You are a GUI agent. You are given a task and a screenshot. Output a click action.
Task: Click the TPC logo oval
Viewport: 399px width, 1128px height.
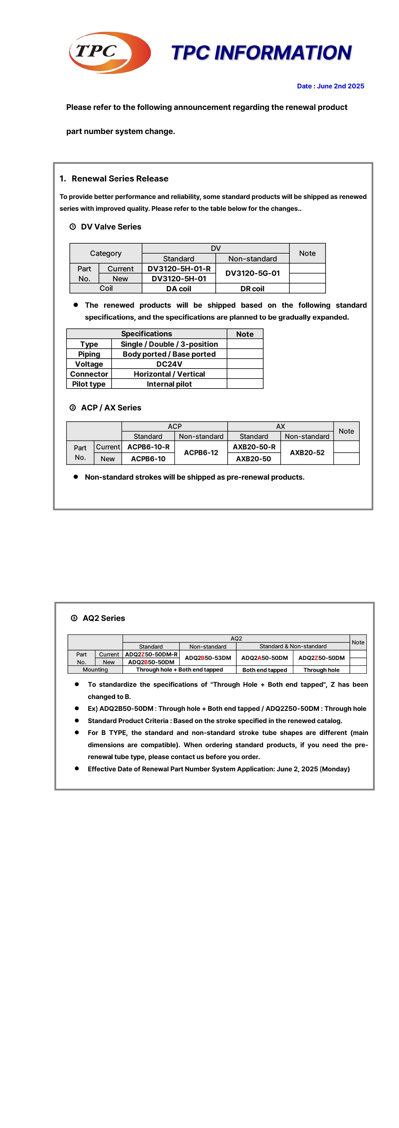[x=110, y=53]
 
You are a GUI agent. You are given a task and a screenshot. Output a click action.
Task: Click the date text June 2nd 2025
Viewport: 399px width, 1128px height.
[x=330, y=86]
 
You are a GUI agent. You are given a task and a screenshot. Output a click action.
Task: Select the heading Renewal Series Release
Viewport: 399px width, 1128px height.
[x=120, y=179]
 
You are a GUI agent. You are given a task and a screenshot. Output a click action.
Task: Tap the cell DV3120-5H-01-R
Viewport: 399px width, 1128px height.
[x=179, y=268]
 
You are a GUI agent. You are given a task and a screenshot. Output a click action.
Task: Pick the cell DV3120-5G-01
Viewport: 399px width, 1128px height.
[x=252, y=273]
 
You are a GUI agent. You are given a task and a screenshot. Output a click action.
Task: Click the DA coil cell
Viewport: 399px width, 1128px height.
[x=179, y=289]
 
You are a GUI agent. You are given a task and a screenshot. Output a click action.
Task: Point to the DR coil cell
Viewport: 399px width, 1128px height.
[x=252, y=289]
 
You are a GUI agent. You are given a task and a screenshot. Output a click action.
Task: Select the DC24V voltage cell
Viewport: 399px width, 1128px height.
[x=169, y=364]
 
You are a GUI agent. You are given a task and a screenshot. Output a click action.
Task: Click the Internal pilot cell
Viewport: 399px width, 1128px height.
[x=169, y=384]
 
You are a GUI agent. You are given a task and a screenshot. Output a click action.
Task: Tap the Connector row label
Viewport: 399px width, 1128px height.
[x=89, y=374]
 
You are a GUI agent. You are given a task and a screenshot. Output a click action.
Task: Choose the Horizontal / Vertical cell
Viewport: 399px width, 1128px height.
[x=169, y=374]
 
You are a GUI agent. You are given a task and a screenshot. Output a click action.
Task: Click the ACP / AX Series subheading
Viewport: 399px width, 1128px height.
[x=111, y=408]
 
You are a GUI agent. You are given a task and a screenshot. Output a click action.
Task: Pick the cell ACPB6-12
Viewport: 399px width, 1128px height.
[x=201, y=452]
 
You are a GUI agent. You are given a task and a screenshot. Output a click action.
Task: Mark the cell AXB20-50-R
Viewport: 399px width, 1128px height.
[x=254, y=447]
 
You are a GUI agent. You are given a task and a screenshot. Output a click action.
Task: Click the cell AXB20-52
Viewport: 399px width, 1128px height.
[x=307, y=452]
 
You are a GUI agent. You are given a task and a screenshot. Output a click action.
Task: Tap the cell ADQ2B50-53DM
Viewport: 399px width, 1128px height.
[x=208, y=658]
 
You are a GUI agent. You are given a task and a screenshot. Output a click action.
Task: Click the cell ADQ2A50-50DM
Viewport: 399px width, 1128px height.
[x=265, y=658]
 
